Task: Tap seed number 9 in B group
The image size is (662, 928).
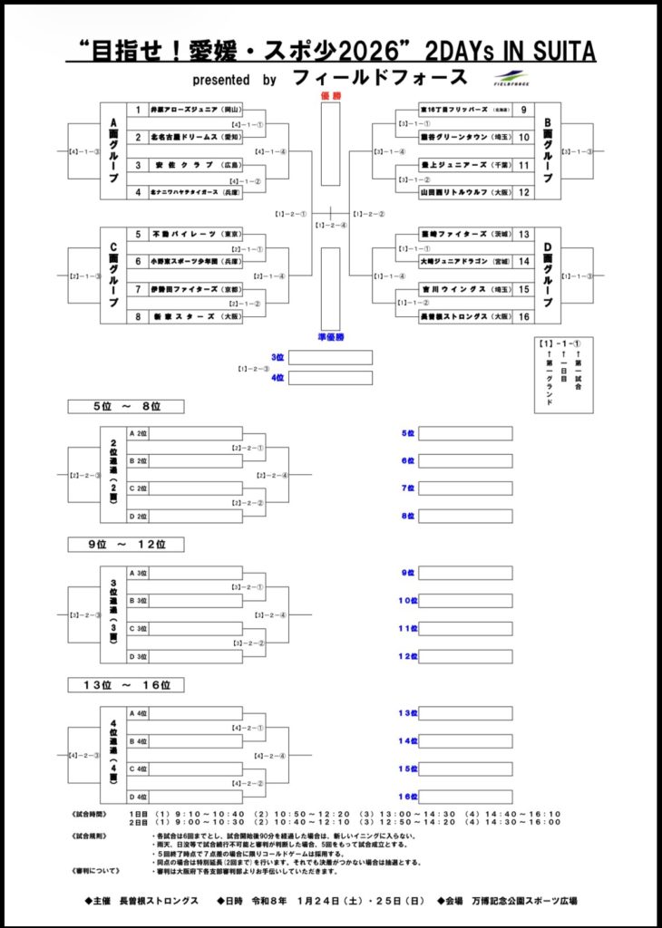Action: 523,110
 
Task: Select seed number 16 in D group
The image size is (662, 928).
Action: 523,316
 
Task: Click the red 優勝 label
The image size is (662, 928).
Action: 331,95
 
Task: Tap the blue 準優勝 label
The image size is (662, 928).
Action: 331,337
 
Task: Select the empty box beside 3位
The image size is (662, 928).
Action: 330,357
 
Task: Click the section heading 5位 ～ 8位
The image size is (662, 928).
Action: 127,406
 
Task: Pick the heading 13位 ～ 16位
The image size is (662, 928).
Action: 127,684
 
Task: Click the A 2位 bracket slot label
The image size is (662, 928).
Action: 139,433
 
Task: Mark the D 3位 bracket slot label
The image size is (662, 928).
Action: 139,656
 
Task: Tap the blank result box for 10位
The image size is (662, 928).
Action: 465,601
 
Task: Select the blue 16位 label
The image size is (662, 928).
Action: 406,797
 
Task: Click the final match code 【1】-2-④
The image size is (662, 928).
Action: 331,226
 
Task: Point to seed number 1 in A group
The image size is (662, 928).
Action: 138,110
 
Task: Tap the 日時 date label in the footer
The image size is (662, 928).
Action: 239,901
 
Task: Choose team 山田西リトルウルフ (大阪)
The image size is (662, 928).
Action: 453,192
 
